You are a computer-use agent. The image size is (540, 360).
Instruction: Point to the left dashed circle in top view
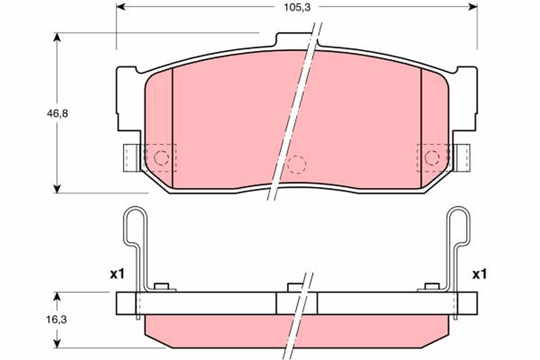[x=161, y=157]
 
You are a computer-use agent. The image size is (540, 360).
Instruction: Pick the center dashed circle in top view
[x=297, y=165]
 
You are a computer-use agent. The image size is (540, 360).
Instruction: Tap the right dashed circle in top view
[x=432, y=157]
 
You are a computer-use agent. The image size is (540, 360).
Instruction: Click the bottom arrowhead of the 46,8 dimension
[x=57, y=189]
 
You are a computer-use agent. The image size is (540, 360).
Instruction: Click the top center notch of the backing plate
[x=297, y=39]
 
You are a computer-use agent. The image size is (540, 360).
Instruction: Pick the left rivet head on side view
[x=161, y=286]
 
